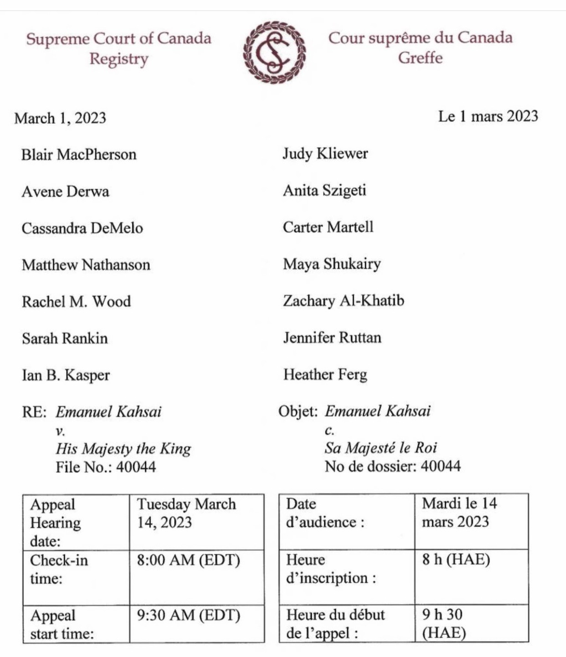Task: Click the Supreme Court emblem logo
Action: (x=274, y=52)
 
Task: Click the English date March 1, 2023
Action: (x=60, y=118)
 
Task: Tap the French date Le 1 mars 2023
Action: (x=488, y=116)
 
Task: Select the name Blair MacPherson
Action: (x=79, y=155)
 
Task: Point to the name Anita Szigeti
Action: (x=324, y=190)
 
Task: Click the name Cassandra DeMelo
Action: (x=82, y=228)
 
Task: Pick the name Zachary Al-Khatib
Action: (x=343, y=301)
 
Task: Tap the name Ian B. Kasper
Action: (x=66, y=375)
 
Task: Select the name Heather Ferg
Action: (x=325, y=374)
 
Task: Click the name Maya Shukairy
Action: (x=332, y=264)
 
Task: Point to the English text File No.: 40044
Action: (x=106, y=467)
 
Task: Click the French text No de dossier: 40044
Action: (x=392, y=466)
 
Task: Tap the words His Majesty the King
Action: (x=123, y=449)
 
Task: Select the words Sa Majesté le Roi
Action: (x=381, y=448)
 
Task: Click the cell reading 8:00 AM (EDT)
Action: (x=188, y=560)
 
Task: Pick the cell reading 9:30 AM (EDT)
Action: (x=188, y=616)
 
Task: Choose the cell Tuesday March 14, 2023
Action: (x=186, y=513)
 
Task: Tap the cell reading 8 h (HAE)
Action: (x=456, y=559)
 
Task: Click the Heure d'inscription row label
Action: (x=331, y=569)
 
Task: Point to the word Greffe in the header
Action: (x=420, y=58)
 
